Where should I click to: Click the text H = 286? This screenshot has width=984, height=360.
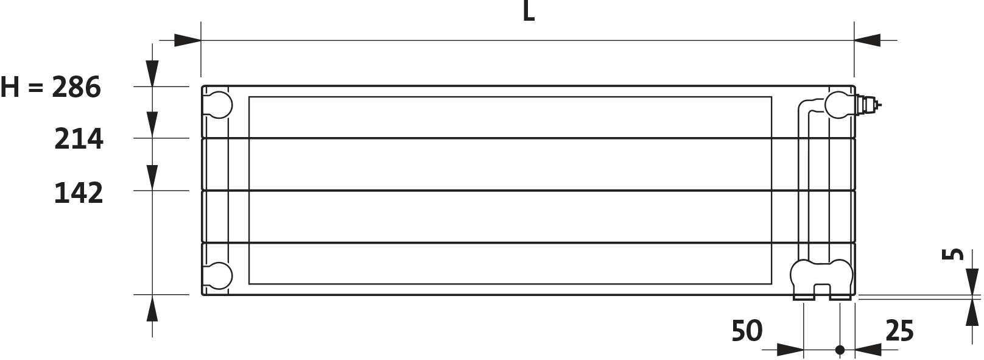50,88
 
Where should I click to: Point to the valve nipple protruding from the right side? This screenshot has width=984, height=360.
865,105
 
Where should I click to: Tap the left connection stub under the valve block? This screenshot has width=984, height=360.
804,297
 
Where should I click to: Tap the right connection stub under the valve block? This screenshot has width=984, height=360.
840,297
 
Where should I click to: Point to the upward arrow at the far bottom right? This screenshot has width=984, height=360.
972,320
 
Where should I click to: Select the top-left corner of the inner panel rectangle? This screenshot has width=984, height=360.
250,97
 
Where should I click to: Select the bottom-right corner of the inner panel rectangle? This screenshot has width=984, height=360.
772,283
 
